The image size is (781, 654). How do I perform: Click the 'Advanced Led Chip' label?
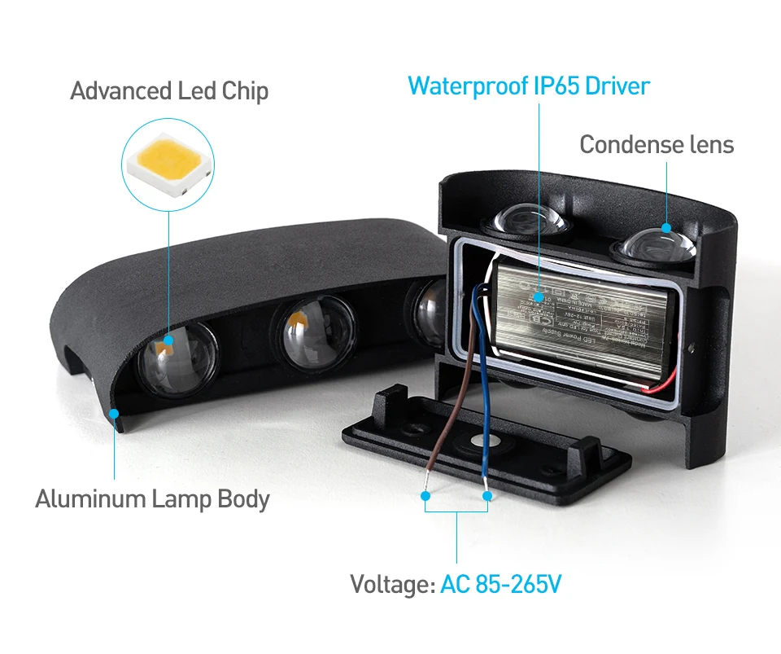(x=169, y=91)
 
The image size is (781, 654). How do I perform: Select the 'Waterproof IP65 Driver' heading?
(x=529, y=86)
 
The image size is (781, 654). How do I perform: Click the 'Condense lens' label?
(x=657, y=145)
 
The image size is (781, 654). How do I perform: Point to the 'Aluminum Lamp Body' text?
(x=152, y=498)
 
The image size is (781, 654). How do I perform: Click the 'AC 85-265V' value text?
(x=500, y=584)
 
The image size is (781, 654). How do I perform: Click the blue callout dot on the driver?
(x=538, y=296)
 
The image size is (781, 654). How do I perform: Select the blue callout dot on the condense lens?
(x=667, y=229)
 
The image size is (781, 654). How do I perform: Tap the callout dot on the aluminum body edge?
(x=115, y=414)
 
